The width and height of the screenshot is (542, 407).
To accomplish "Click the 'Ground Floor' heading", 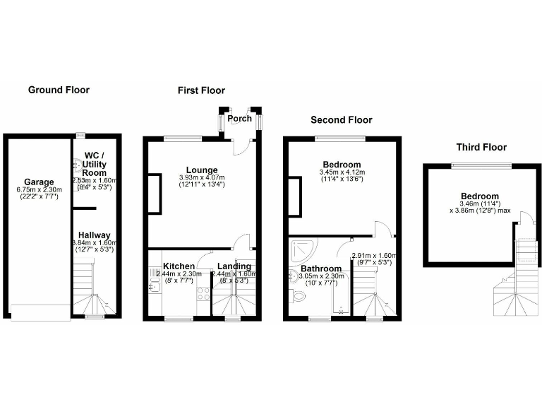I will (x=59, y=90).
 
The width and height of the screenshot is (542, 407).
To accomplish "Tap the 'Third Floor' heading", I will (x=481, y=147).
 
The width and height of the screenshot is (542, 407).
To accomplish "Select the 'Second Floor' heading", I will (x=342, y=120).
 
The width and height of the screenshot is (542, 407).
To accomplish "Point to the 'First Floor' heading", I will (x=201, y=90).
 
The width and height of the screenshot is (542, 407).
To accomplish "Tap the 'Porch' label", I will (x=240, y=118).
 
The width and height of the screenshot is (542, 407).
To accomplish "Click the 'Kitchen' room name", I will (x=179, y=266).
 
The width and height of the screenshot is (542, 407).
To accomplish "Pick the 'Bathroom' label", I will (x=321, y=269).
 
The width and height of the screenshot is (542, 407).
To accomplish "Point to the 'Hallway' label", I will (x=94, y=235).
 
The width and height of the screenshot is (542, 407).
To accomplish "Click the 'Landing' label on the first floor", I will (x=234, y=266).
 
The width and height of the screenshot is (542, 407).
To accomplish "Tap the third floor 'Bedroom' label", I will (x=480, y=196).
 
